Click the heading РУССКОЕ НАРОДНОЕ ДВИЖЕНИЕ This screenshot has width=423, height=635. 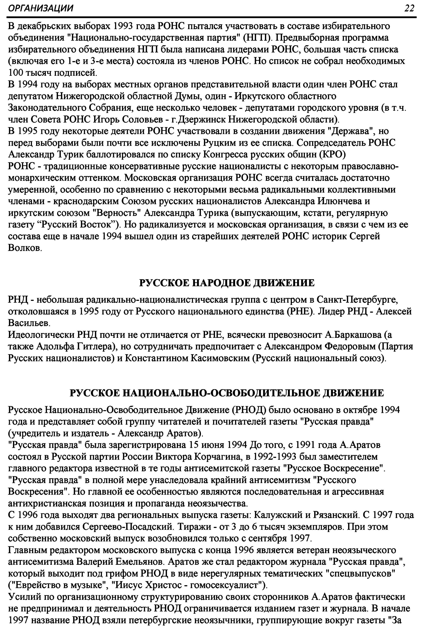click(227, 283)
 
